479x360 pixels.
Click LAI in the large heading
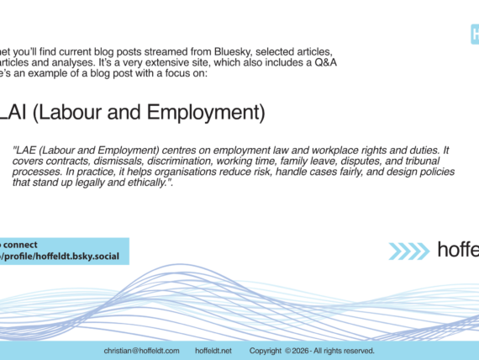pyautogui.click(x=13, y=112)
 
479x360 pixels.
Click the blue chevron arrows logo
pyautogui.click(x=409, y=251)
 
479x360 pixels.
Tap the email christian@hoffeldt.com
pyautogui.click(x=142, y=351)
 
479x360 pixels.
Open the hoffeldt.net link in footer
pyautogui.click(x=213, y=351)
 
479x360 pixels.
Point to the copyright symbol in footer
pyautogui.click(x=287, y=351)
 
